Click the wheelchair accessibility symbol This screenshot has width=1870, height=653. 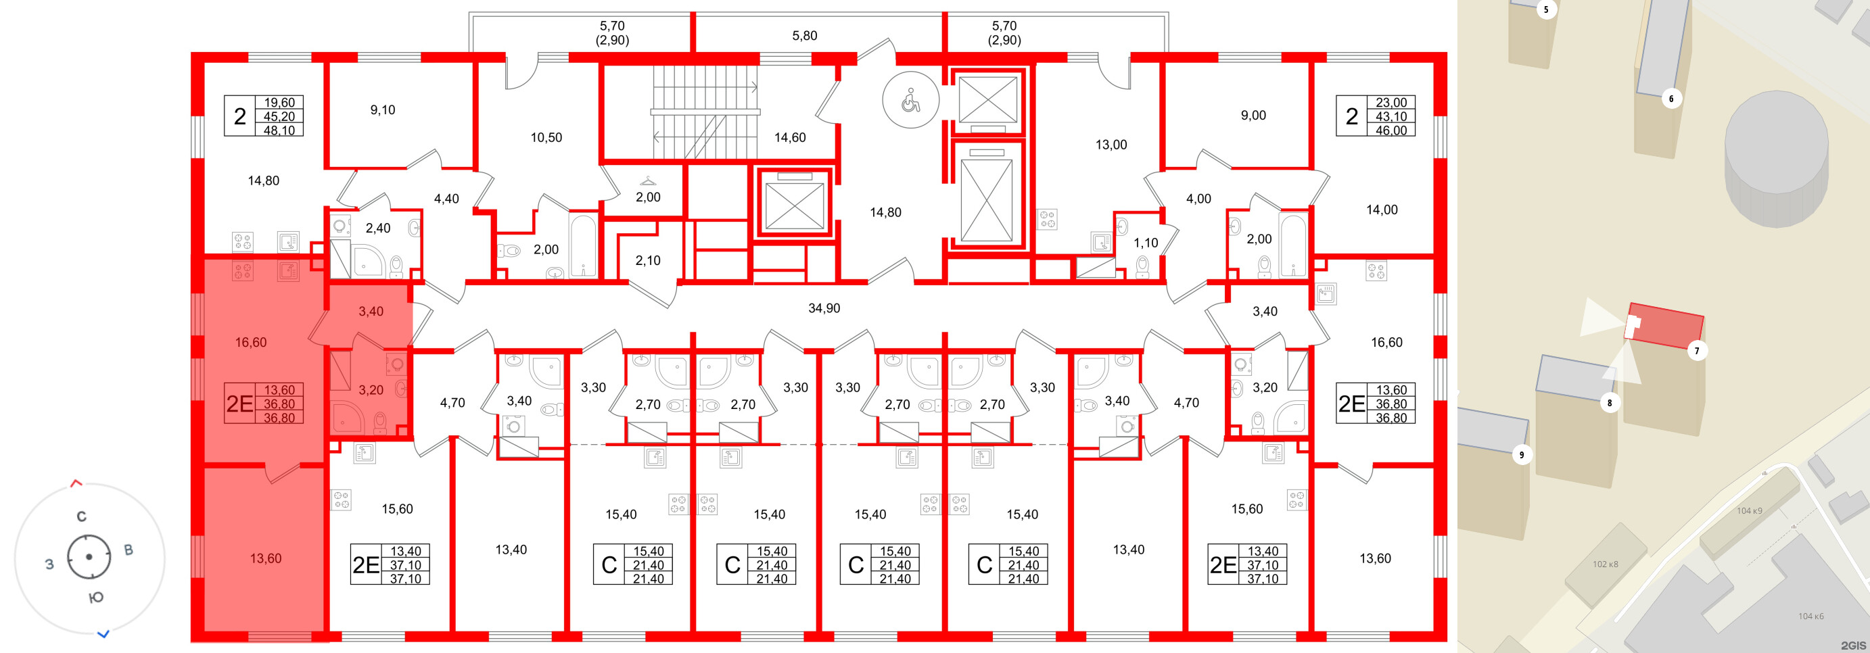coord(910,101)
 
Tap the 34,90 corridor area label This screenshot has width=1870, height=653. coord(824,308)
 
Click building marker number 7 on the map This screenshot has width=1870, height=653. coord(1696,351)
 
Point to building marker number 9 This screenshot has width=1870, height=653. coord(1522,455)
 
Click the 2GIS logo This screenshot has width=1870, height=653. coord(1852,645)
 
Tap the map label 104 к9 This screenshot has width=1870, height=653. coord(1749,511)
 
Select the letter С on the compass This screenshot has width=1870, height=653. coord(81,516)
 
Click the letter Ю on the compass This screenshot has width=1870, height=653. coord(96,597)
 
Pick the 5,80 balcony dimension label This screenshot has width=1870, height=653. coord(804,36)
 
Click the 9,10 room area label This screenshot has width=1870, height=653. coord(383,110)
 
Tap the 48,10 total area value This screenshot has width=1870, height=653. coord(279,130)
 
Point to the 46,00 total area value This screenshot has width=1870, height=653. coord(1391,130)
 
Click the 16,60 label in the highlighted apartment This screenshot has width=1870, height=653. coord(250,343)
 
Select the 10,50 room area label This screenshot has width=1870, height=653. coord(546,138)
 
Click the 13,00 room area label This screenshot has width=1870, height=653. coord(1111,145)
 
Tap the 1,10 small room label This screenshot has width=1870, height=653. coord(1146,243)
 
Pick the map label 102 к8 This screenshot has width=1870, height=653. coord(1605,564)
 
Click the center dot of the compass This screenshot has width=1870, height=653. coord(89,557)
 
